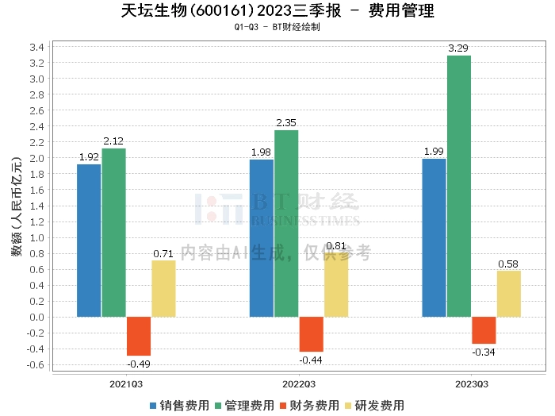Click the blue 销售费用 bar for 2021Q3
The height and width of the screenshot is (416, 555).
89,241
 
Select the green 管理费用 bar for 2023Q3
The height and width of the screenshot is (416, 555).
458,187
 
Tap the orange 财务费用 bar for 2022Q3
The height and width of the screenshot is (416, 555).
311,334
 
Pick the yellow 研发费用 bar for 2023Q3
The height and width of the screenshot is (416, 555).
509,294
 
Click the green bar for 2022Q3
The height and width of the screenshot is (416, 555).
286,223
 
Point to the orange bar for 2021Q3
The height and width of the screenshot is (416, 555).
139,336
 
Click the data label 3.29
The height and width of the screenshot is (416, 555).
458,49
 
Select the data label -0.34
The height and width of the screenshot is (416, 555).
484,352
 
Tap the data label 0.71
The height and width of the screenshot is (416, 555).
163,254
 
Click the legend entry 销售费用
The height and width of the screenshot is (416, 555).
179,405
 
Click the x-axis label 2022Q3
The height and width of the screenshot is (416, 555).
299,383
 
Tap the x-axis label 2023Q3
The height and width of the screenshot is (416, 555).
471,383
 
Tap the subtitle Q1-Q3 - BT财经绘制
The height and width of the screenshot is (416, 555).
277,27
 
